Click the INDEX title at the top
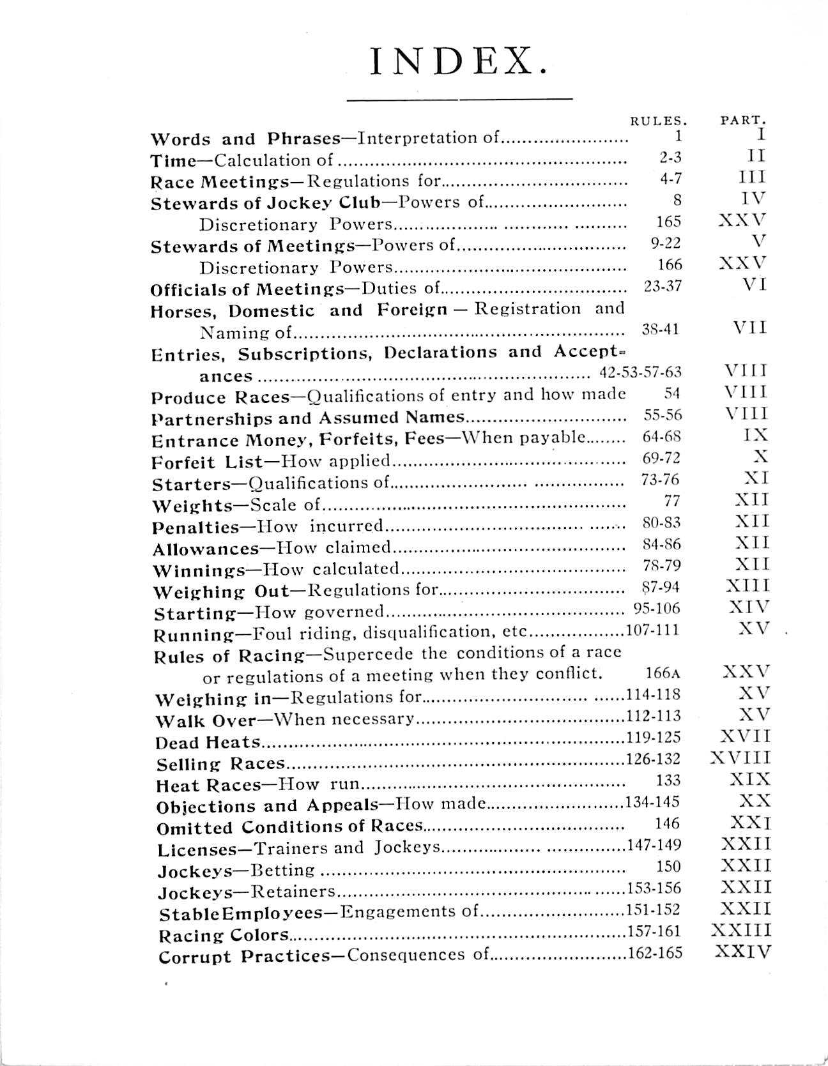[459, 62]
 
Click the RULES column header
[658, 119]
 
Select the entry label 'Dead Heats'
[208, 743]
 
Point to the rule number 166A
[659, 673]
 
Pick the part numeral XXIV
[742, 952]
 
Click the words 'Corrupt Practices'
[240, 957]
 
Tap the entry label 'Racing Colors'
[224, 936]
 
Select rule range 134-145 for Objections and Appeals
[652, 802]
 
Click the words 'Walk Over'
[206, 721]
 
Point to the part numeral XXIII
[741, 931]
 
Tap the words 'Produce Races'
[220, 398]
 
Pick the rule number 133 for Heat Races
[668, 780]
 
